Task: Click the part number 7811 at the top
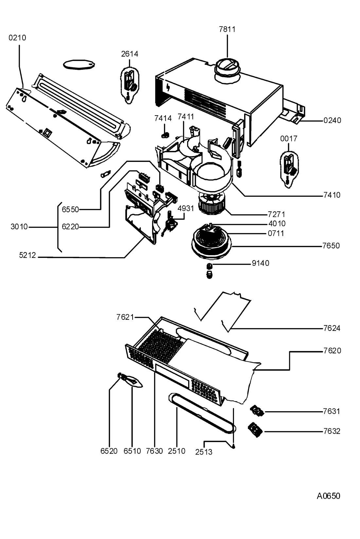tap(227, 29)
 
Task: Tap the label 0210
tap(17, 38)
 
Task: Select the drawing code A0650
tap(328, 496)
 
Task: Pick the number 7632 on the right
tap(332, 431)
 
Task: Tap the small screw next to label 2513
tap(233, 447)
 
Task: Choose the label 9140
tap(261, 263)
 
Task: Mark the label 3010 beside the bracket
tap(19, 226)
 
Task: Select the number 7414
tap(163, 118)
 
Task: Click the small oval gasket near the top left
tap(79, 64)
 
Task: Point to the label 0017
tap(289, 139)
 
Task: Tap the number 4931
tap(186, 208)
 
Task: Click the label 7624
tap(332, 328)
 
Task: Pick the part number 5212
tap(27, 255)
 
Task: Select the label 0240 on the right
tap(332, 120)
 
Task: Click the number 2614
tap(130, 54)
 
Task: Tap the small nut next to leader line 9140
tap(209, 266)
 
